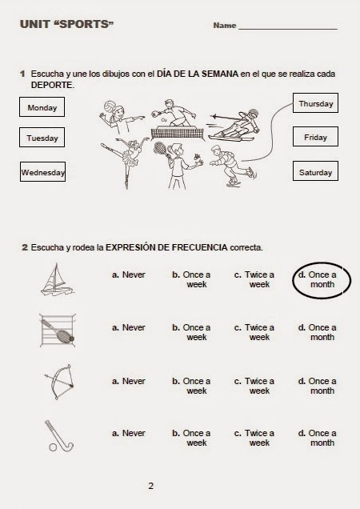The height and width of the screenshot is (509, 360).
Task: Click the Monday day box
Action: pos(42,107)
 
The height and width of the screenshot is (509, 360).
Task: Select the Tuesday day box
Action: pos(42,138)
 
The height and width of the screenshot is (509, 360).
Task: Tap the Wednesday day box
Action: pos(42,171)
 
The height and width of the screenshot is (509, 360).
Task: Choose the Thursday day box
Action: pos(315,104)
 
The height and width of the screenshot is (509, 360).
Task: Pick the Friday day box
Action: pos(315,138)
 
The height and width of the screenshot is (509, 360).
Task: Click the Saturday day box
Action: pos(315,172)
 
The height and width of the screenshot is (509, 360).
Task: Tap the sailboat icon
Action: pos(54,281)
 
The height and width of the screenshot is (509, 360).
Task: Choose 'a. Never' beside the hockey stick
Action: pos(129,433)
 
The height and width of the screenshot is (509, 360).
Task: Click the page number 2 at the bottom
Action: pos(150,485)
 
